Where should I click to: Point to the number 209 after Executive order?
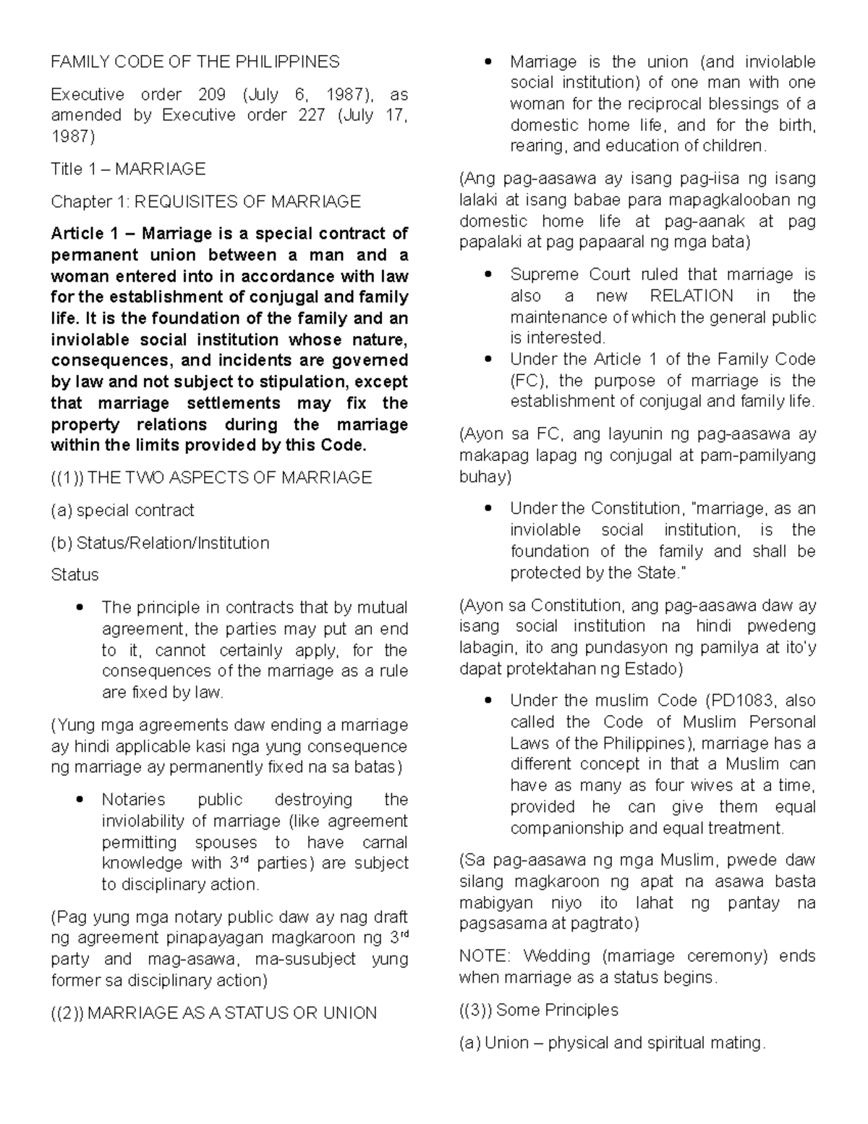tap(211, 94)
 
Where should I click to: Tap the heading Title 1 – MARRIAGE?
tap(128, 169)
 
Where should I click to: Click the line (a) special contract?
tap(122, 510)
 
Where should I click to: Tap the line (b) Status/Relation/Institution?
tap(160, 543)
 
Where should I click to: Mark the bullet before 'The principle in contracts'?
tap(80, 607)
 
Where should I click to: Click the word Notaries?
tap(133, 800)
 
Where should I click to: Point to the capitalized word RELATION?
tap(691, 295)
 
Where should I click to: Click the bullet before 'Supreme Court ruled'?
tap(488, 274)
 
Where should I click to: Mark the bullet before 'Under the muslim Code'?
tap(488, 701)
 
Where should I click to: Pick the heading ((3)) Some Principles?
tap(539, 1010)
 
